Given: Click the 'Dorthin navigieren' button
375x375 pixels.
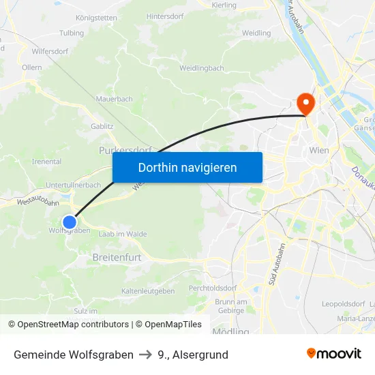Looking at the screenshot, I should (187, 167).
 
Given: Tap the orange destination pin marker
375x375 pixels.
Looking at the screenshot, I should (305, 104).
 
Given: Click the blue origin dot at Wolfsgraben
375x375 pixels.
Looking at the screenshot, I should (70, 222).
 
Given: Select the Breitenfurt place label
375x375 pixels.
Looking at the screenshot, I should (117, 258).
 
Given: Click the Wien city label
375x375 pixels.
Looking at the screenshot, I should (318, 150).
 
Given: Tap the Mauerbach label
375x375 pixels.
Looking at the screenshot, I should (114, 99).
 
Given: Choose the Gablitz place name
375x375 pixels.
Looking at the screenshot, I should (102, 126).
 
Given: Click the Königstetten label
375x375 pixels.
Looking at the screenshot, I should (96, 18).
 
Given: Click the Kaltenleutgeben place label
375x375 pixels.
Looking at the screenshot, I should (148, 291).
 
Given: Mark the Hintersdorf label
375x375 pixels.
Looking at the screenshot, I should (166, 16).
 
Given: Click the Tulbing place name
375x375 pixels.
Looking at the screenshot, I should (72, 33).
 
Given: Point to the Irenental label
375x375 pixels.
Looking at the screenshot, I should (47, 162).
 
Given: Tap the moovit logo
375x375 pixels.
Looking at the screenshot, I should (333, 353).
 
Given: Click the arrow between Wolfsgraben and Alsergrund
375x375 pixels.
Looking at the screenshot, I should (145, 355).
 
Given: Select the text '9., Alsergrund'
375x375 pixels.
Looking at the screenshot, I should (192, 355).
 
